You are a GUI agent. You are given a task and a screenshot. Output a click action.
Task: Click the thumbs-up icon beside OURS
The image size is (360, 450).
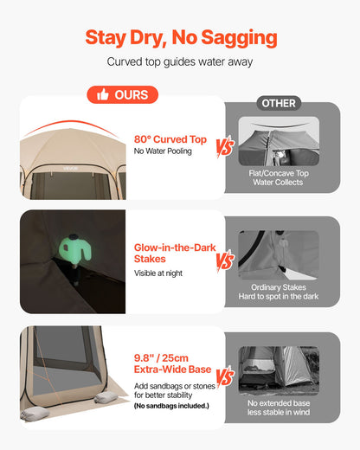point(103,94)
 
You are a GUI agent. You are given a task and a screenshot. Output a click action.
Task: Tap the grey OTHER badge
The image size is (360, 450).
point(279,103)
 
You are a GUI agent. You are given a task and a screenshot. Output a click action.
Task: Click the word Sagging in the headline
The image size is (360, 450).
point(239,38)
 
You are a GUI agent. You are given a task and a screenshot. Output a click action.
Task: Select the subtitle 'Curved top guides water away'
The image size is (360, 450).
point(180,61)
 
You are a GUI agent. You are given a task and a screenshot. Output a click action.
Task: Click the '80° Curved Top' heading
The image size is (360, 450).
point(170,139)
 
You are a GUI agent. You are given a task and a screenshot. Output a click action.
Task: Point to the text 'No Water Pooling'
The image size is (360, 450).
point(163,151)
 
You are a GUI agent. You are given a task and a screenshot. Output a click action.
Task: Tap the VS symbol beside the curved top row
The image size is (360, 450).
point(225,147)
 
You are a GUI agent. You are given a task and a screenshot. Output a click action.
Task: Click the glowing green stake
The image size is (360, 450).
point(75,248)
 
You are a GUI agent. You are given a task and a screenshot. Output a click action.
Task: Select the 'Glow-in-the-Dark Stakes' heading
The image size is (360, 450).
point(175,253)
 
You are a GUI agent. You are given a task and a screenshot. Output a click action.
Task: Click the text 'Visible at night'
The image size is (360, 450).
point(158,273)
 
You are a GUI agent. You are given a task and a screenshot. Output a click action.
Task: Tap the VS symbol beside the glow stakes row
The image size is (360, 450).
point(225,261)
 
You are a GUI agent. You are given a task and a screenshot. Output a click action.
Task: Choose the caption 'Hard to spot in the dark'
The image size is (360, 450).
point(279,296)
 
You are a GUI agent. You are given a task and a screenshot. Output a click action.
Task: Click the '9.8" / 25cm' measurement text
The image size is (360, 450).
point(161,358)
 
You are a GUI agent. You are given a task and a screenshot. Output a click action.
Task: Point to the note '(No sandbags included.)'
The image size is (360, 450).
point(171,406)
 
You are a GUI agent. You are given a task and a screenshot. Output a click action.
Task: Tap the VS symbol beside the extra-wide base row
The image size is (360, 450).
point(225,376)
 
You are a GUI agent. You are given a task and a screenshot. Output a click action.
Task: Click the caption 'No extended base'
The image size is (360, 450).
point(279,403)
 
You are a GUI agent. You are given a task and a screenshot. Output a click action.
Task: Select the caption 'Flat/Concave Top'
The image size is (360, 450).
point(279,173)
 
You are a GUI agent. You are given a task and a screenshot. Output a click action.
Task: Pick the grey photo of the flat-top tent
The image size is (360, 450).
point(279,141)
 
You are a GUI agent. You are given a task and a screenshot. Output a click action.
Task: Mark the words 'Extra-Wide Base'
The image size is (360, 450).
point(172,370)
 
